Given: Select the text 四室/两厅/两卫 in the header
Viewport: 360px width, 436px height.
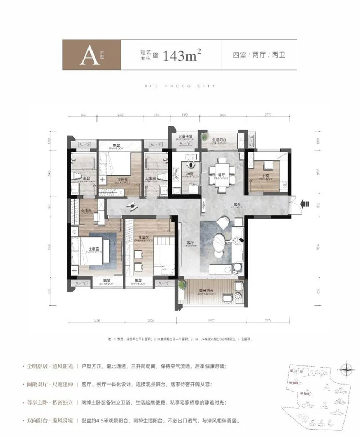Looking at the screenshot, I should [259, 55].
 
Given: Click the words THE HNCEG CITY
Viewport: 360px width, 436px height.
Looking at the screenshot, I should [180, 86].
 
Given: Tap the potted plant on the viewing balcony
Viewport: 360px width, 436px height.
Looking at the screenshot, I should [183, 284].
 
